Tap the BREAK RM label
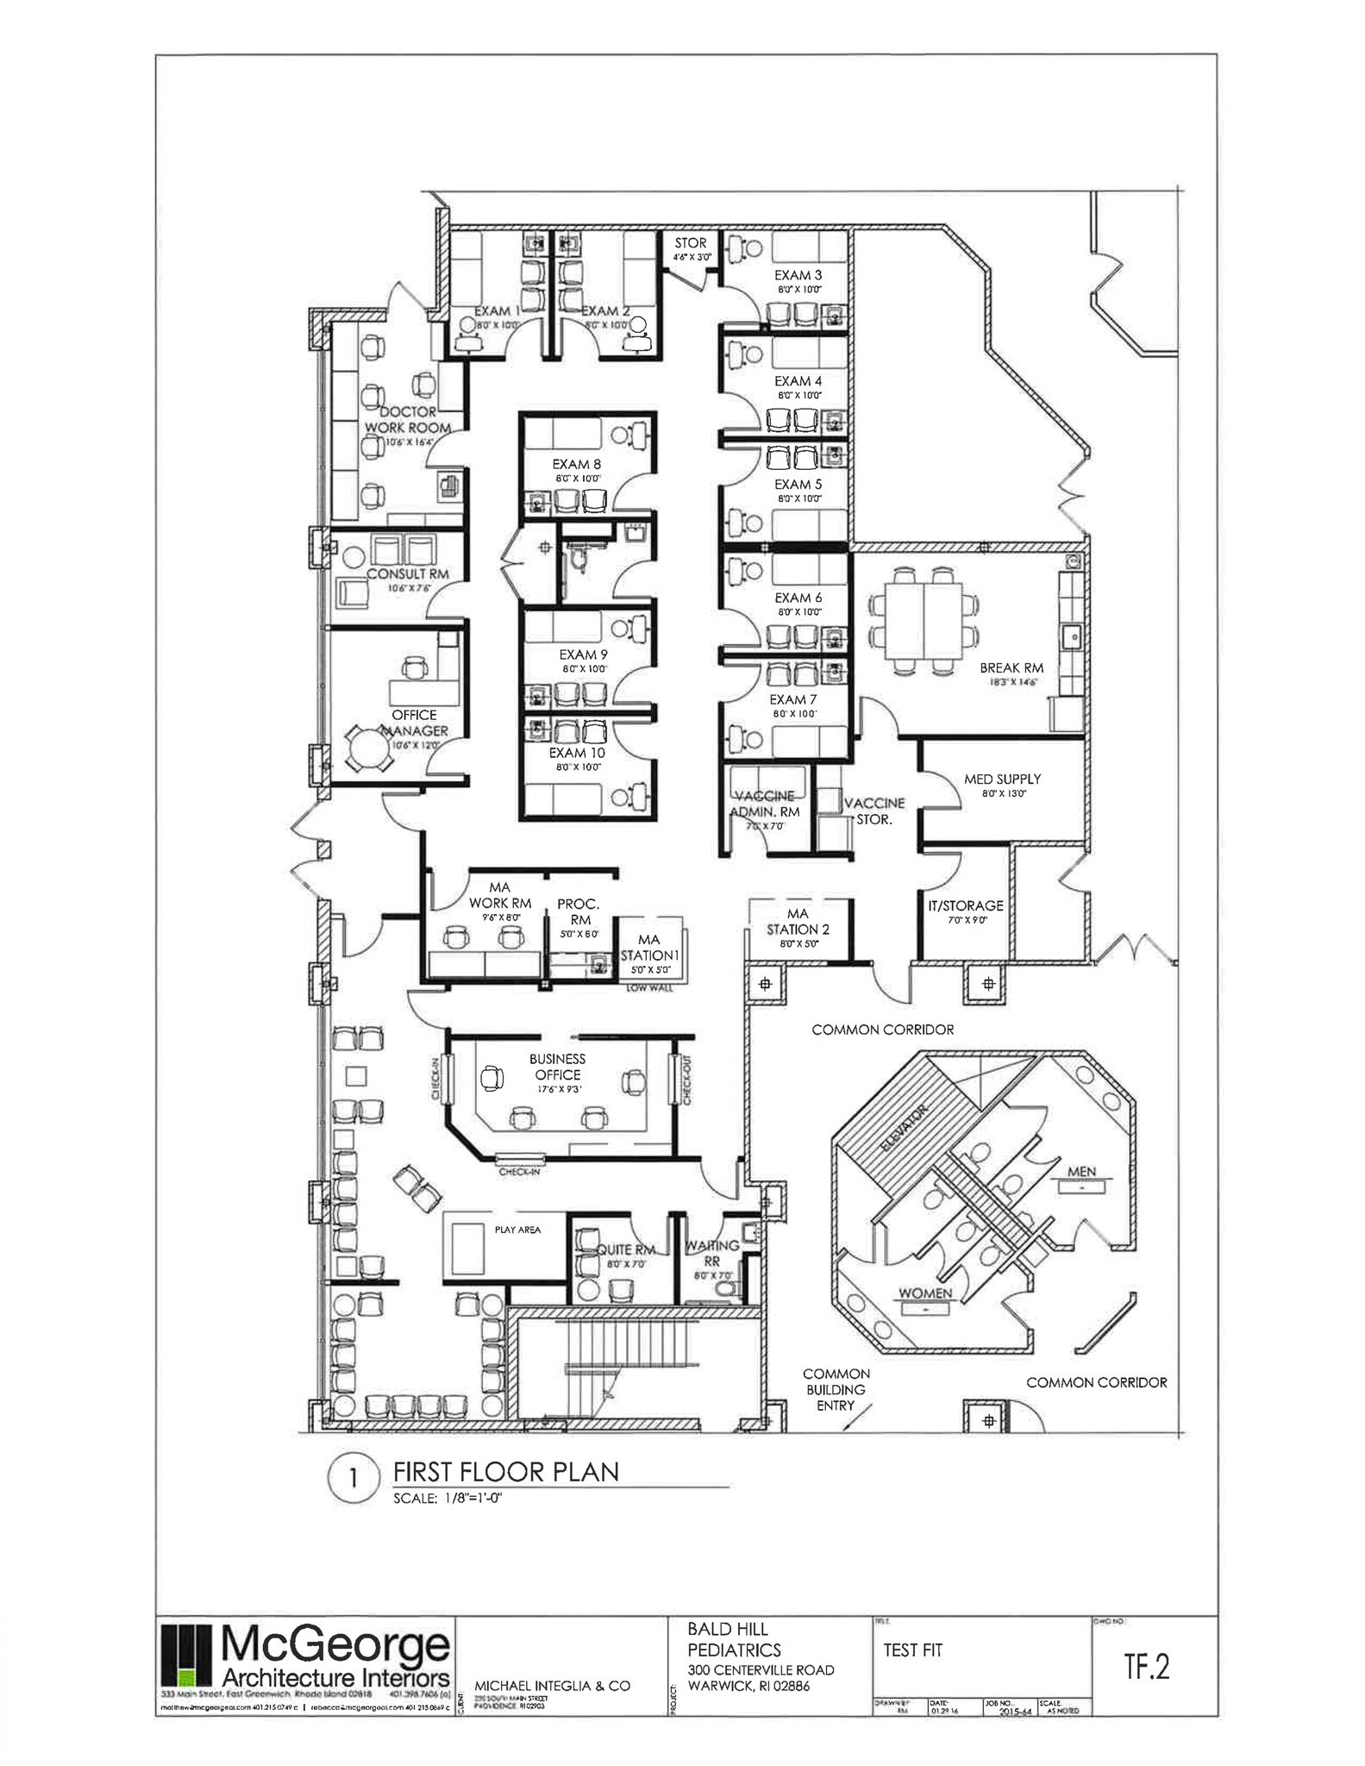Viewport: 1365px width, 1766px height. point(1011,667)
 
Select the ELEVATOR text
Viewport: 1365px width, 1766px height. point(903,1129)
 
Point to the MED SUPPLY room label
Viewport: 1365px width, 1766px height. point(1002,779)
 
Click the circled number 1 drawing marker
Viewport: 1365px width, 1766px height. point(353,1478)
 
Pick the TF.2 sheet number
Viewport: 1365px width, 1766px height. point(1146,1667)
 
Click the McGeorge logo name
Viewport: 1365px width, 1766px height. point(336,1646)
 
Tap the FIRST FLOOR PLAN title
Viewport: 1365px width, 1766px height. point(506,1471)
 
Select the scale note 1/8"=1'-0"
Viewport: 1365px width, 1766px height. point(448,1498)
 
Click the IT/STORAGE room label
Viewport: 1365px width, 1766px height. point(965,905)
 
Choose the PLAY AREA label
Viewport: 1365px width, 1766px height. point(517,1230)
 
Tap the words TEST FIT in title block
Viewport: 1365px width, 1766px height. point(912,1650)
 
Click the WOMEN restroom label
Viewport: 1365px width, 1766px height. point(925,1293)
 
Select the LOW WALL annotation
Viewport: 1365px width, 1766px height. point(648,987)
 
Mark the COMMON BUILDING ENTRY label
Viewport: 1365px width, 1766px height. point(836,1389)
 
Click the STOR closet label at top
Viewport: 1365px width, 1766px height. point(691,243)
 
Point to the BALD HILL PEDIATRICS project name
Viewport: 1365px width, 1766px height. point(734,1639)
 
